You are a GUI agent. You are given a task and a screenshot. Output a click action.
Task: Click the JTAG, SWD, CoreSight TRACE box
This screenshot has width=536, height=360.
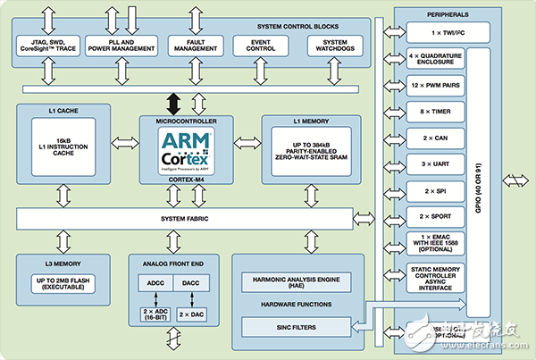click(47, 46)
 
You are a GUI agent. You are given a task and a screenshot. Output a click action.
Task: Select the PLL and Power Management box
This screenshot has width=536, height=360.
click(121, 46)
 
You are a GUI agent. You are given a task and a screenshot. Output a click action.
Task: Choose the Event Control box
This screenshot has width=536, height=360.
click(263, 46)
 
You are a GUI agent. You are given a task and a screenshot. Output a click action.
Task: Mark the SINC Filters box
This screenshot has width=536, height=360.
click(298, 328)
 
